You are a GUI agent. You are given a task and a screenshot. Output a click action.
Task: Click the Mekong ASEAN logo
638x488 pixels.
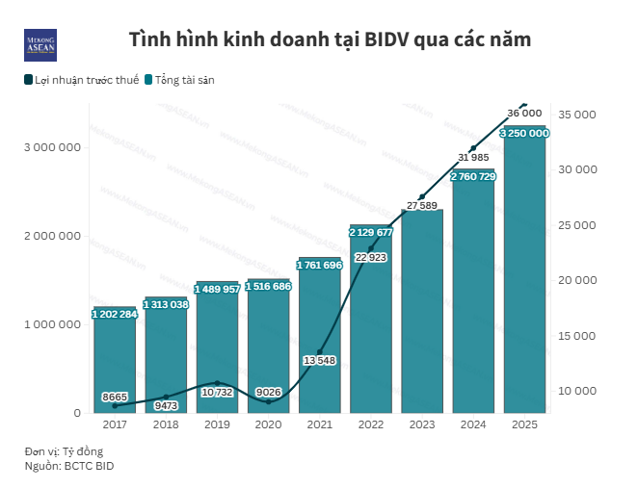point(40,44)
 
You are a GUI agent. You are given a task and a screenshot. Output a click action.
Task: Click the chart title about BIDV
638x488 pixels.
point(330,40)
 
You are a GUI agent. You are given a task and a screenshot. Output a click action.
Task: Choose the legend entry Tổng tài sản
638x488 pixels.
point(179,80)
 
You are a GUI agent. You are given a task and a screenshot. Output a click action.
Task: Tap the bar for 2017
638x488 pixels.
point(114,361)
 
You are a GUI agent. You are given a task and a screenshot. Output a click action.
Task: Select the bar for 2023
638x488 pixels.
point(422,318)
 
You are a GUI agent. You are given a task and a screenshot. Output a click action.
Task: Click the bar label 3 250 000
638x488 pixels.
point(524,133)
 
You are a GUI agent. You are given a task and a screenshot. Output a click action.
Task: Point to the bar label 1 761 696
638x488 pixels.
point(319,265)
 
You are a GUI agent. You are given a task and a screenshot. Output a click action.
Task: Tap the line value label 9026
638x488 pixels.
point(268,391)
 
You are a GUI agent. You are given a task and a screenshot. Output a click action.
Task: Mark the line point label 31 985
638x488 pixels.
point(473,157)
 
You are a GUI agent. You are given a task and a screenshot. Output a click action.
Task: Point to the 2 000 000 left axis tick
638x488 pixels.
point(52,236)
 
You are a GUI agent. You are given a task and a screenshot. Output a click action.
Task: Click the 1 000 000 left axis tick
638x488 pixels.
point(52,324)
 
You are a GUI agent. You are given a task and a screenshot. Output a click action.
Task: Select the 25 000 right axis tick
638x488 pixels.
point(578,225)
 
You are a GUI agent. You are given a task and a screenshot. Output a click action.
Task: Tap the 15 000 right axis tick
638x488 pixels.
point(578,336)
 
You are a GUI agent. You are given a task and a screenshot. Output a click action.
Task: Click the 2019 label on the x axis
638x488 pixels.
point(217,424)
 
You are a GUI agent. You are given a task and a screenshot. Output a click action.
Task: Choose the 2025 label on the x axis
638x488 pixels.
point(524,424)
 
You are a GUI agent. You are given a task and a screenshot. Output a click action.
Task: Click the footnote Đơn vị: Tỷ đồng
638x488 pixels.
point(64,450)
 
